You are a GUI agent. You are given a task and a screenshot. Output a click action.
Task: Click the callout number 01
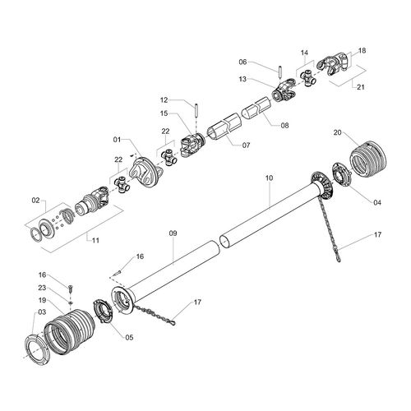118,140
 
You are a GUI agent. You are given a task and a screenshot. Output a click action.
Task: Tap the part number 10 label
269,178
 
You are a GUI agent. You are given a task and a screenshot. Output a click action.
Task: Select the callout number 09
173,233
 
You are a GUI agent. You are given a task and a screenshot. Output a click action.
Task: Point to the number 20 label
338,132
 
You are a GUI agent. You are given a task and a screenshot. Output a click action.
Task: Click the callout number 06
243,62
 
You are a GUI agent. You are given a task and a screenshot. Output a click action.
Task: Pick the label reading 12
164,100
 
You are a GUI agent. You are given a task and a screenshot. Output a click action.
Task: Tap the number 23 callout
42,288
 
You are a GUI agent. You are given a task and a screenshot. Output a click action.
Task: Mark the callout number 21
358,85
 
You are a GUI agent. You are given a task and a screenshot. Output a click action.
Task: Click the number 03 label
40,312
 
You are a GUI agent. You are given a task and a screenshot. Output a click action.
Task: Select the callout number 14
304,52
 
